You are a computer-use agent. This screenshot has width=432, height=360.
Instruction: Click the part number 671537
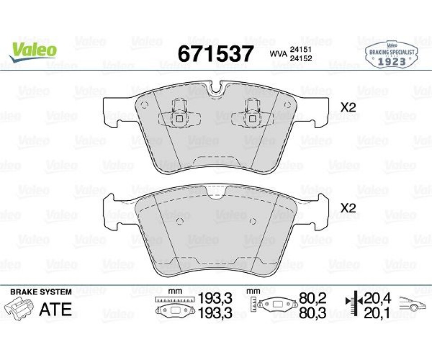pos(215,54)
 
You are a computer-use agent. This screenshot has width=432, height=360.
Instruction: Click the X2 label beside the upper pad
pos(348,108)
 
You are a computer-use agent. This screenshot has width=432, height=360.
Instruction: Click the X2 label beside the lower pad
pos(348,208)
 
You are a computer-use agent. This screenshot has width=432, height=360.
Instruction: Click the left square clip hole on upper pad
pos(180,119)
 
